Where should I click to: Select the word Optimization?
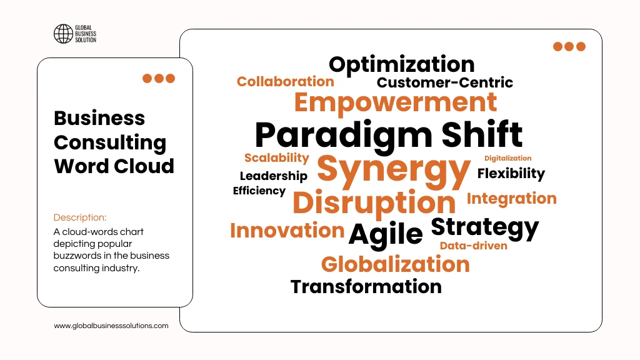pos(401,64)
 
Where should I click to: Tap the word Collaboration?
pos(285,81)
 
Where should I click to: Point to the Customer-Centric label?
pos(444,82)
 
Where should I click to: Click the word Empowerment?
pos(396,102)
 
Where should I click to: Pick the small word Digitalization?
pos(507,158)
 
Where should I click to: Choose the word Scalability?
pos(276,157)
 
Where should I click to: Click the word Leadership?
pos(273,176)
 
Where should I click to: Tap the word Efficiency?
pos(259,191)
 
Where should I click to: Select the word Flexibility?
pos(511,173)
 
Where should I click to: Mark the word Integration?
pos(511,199)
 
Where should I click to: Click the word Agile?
pos(386,234)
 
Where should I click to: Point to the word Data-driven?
pos(473,246)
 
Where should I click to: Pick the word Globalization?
pos(395,264)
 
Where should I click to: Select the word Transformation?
pos(366,287)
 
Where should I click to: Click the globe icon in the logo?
pos(63,34)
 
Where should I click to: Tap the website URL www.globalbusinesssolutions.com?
pos(111,326)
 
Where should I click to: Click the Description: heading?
pos(80,217)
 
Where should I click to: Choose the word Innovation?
pos(287,230)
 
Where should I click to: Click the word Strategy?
pos(484,227)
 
